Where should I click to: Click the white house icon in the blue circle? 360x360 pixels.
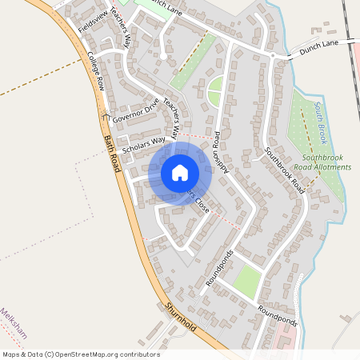[180, 173]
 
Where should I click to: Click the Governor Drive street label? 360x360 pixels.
[137, 110]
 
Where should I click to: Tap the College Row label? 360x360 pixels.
[96, 73]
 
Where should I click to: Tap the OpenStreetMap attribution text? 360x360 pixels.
[81, 354]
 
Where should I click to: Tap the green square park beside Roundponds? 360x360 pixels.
[247, 281]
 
